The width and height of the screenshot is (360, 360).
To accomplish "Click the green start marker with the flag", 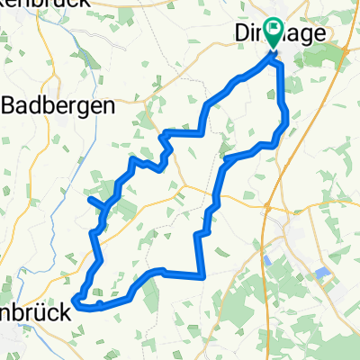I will tap(273, 37).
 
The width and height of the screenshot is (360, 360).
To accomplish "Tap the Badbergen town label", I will tap(58, 104).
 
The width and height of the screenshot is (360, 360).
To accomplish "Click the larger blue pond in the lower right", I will tap(323, 273).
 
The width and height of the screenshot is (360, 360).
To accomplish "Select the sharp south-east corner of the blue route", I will tap(203, 274).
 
